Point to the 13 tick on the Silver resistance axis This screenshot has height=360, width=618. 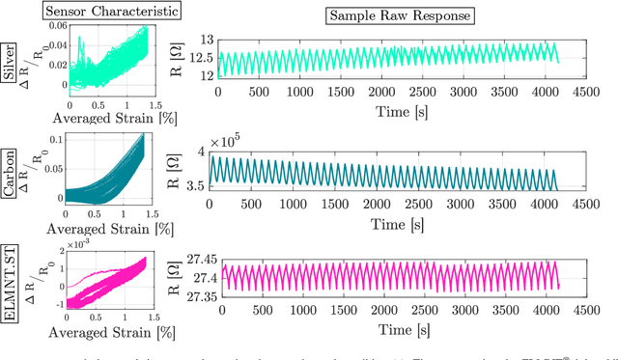(206, 39)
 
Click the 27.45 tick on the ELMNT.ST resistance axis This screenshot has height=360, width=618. (197, 260)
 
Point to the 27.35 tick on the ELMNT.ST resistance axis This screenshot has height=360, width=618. (197, 296)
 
